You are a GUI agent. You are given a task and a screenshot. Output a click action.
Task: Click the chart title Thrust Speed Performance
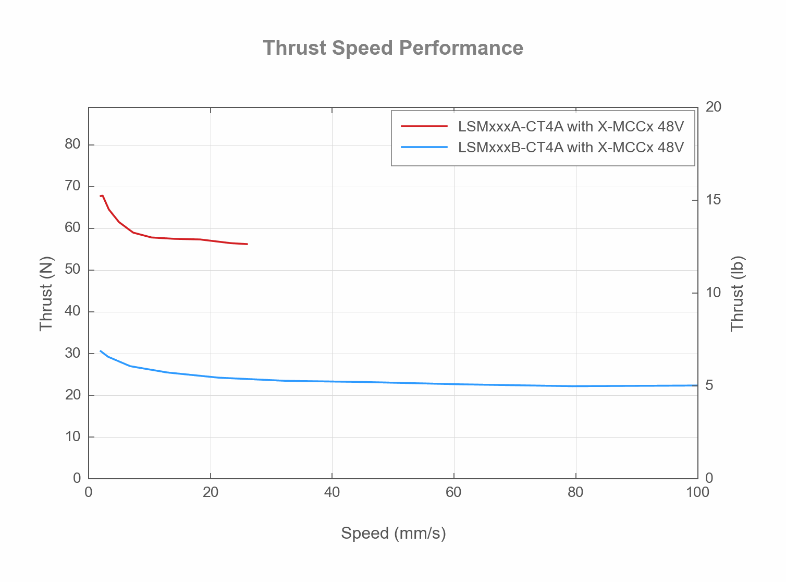[x=393, y=48]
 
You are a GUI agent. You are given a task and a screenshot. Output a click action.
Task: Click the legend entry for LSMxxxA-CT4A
[x=571, y=127]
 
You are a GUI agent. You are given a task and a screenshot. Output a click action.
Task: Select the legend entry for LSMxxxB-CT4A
[x=571, y=148]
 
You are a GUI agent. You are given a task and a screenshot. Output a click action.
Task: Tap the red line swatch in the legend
[x=424, y=126]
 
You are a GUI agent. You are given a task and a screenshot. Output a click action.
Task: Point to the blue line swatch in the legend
[x=424, y=147]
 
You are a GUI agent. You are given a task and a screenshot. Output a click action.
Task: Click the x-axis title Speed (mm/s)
[x=394, y=533]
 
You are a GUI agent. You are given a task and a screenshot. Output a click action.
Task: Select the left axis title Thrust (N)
[x=46, y=293]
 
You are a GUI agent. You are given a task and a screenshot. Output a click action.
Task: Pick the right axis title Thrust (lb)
[x=737, y=293]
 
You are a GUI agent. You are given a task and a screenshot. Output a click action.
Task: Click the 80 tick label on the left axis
[x=73, y=144]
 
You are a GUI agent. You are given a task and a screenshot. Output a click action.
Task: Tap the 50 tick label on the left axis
[x=73, y=270]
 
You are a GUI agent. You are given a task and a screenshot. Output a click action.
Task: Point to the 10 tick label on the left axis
[x=73, y=436]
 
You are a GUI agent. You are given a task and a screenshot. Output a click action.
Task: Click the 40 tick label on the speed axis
[x=332, y=493]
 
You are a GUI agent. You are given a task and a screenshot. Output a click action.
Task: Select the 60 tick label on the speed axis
[x=454, y=493]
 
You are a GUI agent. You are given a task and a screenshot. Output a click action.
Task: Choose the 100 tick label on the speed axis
[x=697, y=493]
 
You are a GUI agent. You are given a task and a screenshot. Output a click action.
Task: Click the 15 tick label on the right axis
[x=714, y=200]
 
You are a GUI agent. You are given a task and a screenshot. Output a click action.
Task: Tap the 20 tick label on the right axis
[x=714, y=107]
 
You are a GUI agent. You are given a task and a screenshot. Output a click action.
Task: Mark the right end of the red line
[x=247, y=244]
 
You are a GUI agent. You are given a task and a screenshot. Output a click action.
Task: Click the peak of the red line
[x=102, y=196]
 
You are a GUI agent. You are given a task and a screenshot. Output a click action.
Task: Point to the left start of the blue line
[x=100, y=351]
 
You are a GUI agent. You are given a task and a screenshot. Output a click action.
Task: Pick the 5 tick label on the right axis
[x=709, y=385]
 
